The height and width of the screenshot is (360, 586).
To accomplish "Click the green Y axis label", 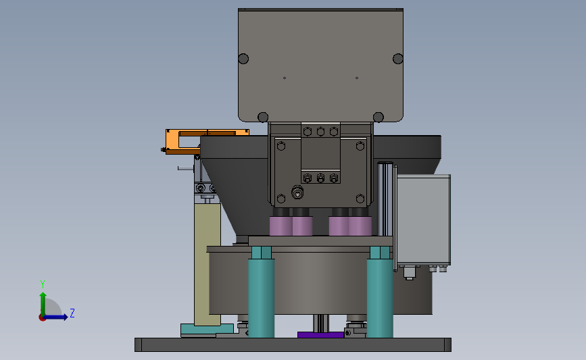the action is (x=43, y=284).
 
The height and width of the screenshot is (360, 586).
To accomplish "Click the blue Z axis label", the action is (x=72, y=313).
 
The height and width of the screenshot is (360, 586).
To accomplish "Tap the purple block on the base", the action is (x=320, y=334).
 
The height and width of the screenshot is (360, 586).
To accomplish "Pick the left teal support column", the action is (x=262, y=292).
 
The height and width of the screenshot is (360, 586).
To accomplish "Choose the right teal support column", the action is (x=380, y=292).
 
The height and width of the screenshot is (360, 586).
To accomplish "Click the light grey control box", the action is (x=423, y=220).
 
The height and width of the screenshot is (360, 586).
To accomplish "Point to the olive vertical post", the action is (x=207, y=264).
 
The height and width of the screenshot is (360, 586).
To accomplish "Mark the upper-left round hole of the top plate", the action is (x=243, y=59).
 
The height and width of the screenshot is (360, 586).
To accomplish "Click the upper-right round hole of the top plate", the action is (x=398, y=59).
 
